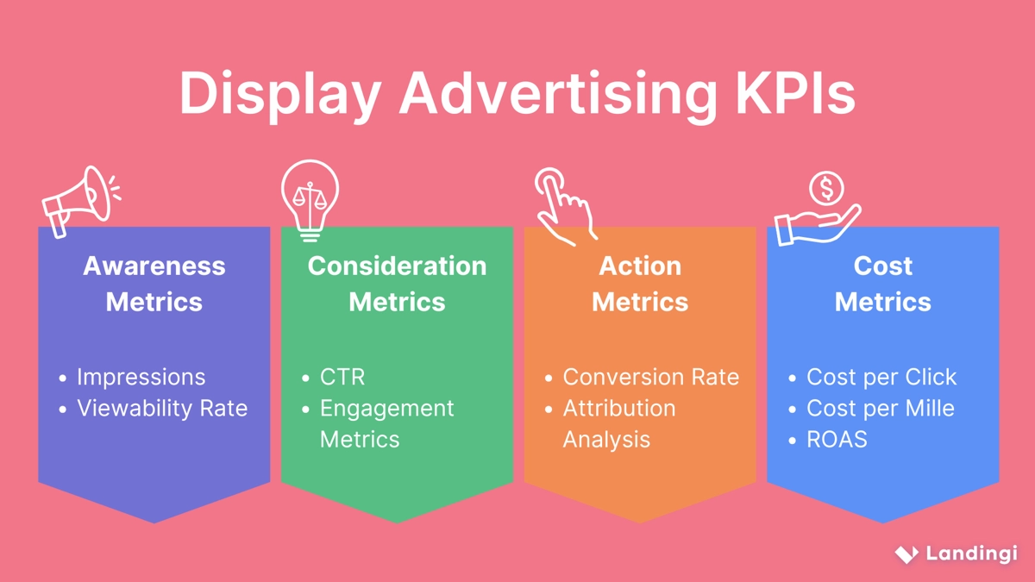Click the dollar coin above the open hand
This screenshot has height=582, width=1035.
click(x=826, y=188)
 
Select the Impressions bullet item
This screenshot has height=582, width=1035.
click(x=141, y=377)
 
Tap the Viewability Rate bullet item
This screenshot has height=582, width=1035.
click(x=161, y=408)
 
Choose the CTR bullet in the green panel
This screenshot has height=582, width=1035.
click(x=342, y=377)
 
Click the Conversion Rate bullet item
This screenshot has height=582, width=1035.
click(x=650, y=377)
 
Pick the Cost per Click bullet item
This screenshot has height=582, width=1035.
click(x=881, y=377)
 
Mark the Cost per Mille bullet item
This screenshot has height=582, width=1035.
click(x=880, y=408)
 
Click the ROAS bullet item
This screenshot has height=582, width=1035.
click(x=836, y=439)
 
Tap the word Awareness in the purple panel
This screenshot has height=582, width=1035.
click(x=154, y=266)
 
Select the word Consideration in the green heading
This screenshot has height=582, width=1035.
click(x=397, y=266)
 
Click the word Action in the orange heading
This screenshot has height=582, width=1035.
click(x=640, y=266)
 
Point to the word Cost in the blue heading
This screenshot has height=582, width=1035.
click(x=882, y=266)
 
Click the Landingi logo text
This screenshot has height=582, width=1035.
click(x=971, y=554)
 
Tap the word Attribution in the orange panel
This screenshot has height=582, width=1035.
click(x=618, y=408)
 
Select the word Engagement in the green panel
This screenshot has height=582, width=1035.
click(x=386, y=408)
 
